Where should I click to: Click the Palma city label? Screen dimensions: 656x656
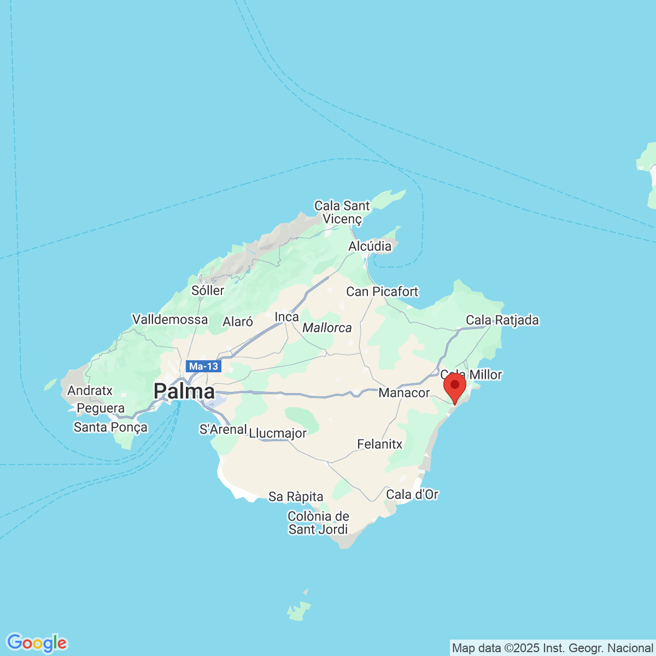tap(184, 391)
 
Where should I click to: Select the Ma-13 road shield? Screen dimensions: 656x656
tap(203, 366)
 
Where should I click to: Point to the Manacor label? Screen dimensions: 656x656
tap(404, 393)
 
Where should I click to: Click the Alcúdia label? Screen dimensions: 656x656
tap(370, 246)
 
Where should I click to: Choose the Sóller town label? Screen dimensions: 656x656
tap(208, 290)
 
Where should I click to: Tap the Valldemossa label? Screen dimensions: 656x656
tap(170, 319)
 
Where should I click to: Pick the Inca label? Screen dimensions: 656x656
tap(286, 317)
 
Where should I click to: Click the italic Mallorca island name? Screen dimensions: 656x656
tap(327, 328)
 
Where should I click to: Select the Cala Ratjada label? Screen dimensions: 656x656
tap(502, 320)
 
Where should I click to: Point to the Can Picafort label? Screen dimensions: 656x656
tap(382, 291)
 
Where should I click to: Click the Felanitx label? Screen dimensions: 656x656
tap(379, 444)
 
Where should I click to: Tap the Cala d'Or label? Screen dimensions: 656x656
tap(412, 494)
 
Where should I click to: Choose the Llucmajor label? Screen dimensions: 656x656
tap(278, 434)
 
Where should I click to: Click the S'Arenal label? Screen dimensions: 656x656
tap(223, 429)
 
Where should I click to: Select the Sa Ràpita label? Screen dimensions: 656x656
tap(296, 496)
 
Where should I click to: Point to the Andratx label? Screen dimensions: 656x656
tap(90, 390)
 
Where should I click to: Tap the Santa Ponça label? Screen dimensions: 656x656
tap(110, 427)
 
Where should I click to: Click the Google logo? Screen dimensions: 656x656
tap(37, 643)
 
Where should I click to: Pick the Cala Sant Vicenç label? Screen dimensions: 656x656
tap(342, 212)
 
